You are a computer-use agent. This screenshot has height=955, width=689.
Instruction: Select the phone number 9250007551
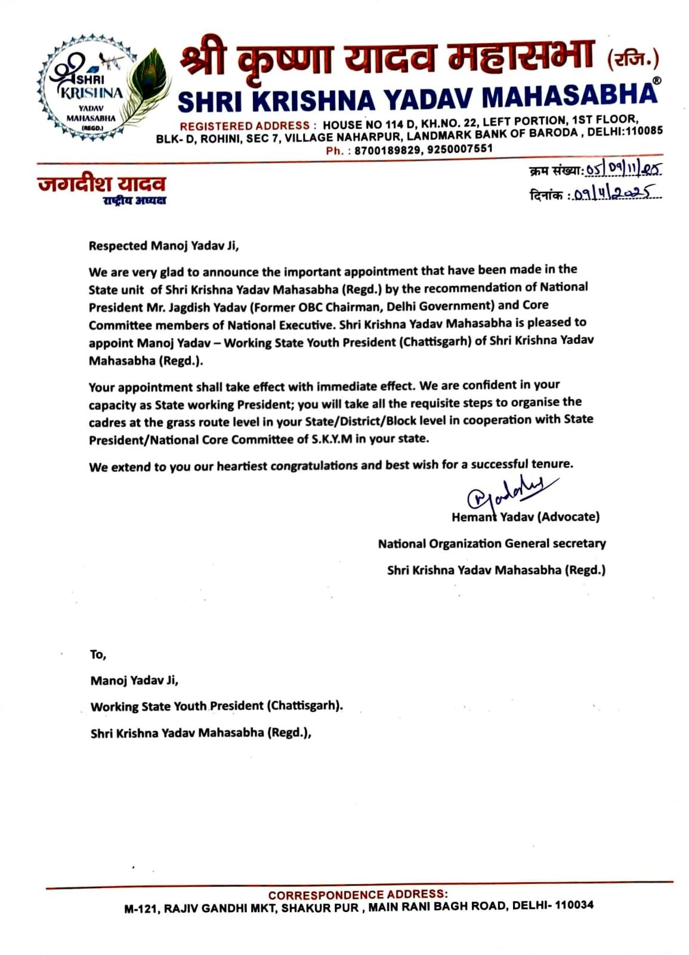pyautogui.click(x=460, y=149)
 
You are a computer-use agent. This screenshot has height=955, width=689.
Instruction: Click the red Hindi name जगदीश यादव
pyautogui.click(x=101, y=183)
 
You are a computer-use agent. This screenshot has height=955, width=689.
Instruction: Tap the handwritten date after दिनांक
pyautogui.click(x=614, y=193)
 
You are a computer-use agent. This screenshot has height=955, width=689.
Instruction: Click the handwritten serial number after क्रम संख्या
pyautogui.click(x=623, y=170)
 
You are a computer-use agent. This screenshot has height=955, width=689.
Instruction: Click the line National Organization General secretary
pyautogui.click(x=492, y=544)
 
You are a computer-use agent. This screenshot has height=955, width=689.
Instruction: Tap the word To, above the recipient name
pyautogui.click(x=98, y=655)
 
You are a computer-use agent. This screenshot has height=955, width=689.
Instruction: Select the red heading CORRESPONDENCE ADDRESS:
pyautogui.click(x=357, y=895)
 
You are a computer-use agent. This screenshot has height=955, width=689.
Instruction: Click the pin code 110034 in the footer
pyautogui.click(x=574, y=905)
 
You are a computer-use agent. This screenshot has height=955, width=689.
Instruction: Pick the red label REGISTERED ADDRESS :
pyautogui.click(x=245, y=127)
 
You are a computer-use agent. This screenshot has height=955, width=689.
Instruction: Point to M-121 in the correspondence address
pyautogui.click(x=141, y=908)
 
